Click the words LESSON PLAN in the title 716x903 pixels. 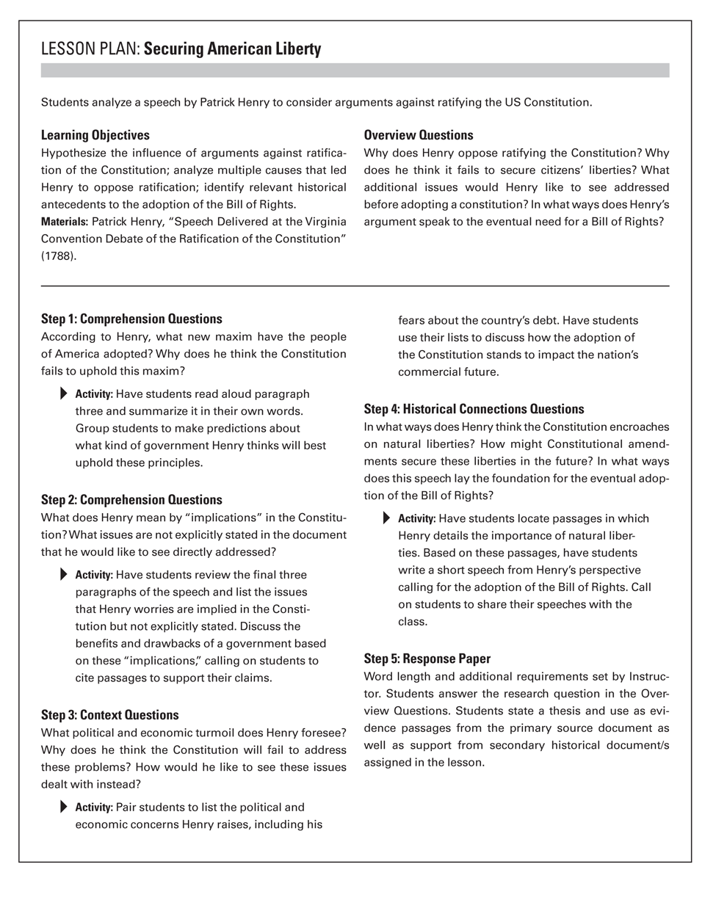pyautogui.click(x=90, y=50)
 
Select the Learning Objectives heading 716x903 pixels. pyautogui.click(x=95, y=135)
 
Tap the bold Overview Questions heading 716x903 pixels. pyautogui.click(x=419, y=135)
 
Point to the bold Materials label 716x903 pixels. pyautogui.click(x=65, y=221)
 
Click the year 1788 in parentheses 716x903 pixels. pyautogui.click(x=59, y=257)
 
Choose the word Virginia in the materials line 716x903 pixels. pyautogui.click(x=322, y=221)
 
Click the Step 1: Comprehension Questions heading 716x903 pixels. pyautogui.click(x=131, y=319)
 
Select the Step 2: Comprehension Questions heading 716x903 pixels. pyautogui.click(x=131, y=500)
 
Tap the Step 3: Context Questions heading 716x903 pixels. pyautogui.click(x=109, y=715)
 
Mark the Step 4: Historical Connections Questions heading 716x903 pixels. pyautogui.click(x=474, y=409)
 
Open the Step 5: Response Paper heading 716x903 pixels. pyautogui.click(x=427, y=659)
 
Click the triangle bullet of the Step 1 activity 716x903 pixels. pyautogui.click(x=63, y=394)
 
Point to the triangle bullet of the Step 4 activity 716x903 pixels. pyautogui.click(x=386, y=518)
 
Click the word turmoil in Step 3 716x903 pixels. pyautogui.click(x=244, y=733)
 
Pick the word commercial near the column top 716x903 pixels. pyautogui.click(x=430, y=371)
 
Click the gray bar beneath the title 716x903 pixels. pyautogui.click(x=355, y=70)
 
